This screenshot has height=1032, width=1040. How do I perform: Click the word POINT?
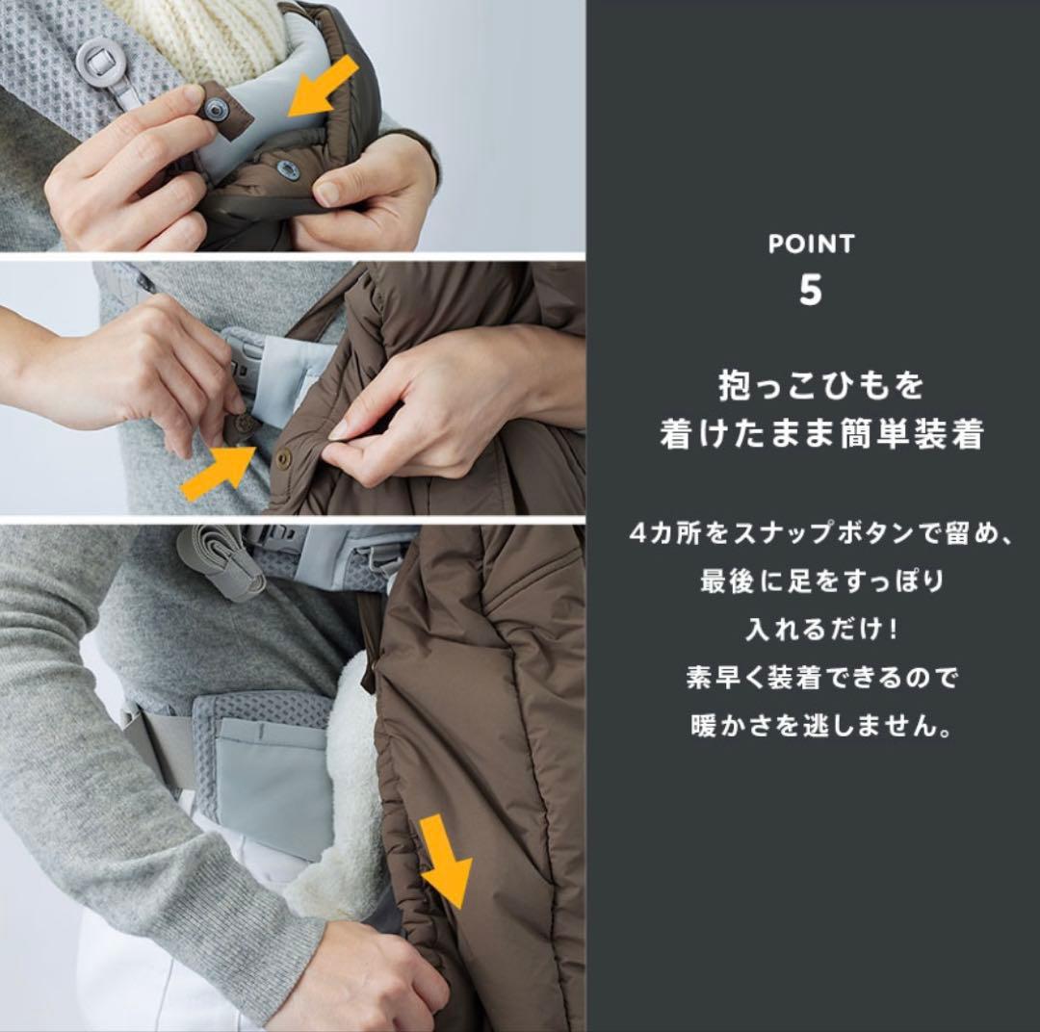(811, 245)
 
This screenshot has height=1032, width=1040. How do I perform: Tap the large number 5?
(811, 290)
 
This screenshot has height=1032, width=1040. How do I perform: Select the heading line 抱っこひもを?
(820, 386)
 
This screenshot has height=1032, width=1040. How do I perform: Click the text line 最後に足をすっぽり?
(820, 581)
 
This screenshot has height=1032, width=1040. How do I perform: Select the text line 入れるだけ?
(820, 630)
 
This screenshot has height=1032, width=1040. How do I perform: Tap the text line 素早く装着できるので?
(820, 678)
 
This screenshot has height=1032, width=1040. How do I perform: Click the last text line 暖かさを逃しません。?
(820, 725)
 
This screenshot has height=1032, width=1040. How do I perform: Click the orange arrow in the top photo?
(325, 89)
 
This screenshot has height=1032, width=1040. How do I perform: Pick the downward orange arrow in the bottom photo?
(446, 860)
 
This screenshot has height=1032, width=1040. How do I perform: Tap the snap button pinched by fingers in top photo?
(213, 113)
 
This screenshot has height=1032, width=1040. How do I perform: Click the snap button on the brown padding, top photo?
(286, 169)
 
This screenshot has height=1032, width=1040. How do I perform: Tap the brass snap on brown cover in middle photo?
(283, 459)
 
